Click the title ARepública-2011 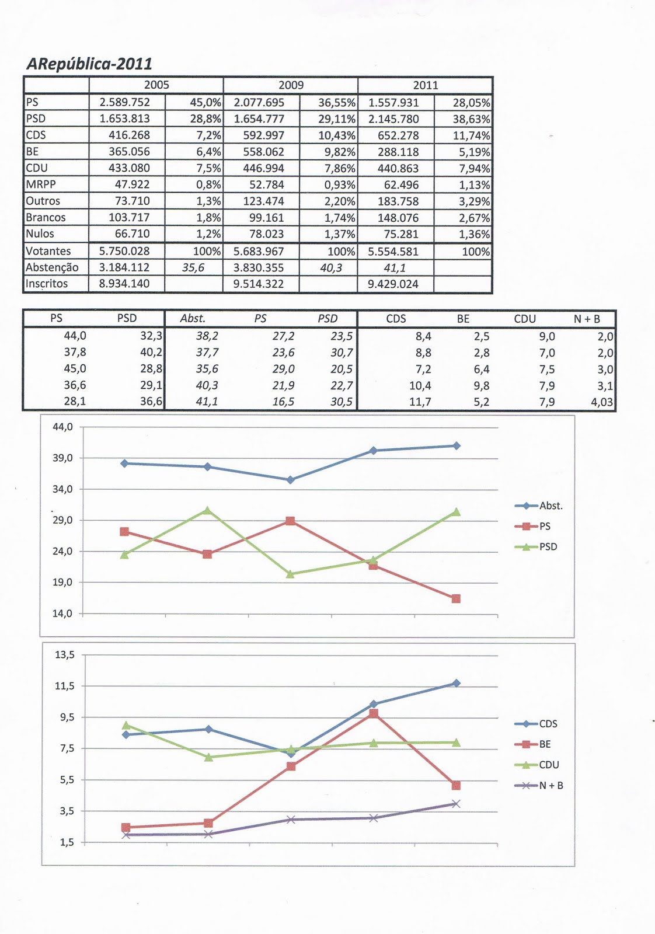coord(89,64)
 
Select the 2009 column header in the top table coord(291,85)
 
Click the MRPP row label coord(41,184)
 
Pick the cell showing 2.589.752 coord(125,102)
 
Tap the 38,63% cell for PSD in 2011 coord(471,119)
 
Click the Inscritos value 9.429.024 coord(393,284)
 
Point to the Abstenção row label coord(52,267)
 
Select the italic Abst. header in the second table coord(193,319)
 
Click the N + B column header coord(587,319)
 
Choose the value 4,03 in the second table coord(602,402)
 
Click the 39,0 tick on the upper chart coord(62,458)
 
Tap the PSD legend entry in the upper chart coord(548,547)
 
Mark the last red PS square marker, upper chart coord(456,598)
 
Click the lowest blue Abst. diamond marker coord(290,480)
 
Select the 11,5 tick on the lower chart coord(65,686)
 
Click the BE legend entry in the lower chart coord(544,744)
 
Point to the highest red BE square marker coord(374,713)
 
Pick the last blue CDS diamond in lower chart coord(456,683)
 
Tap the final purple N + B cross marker coord(456,804)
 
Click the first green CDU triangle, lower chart coord(126,726)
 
